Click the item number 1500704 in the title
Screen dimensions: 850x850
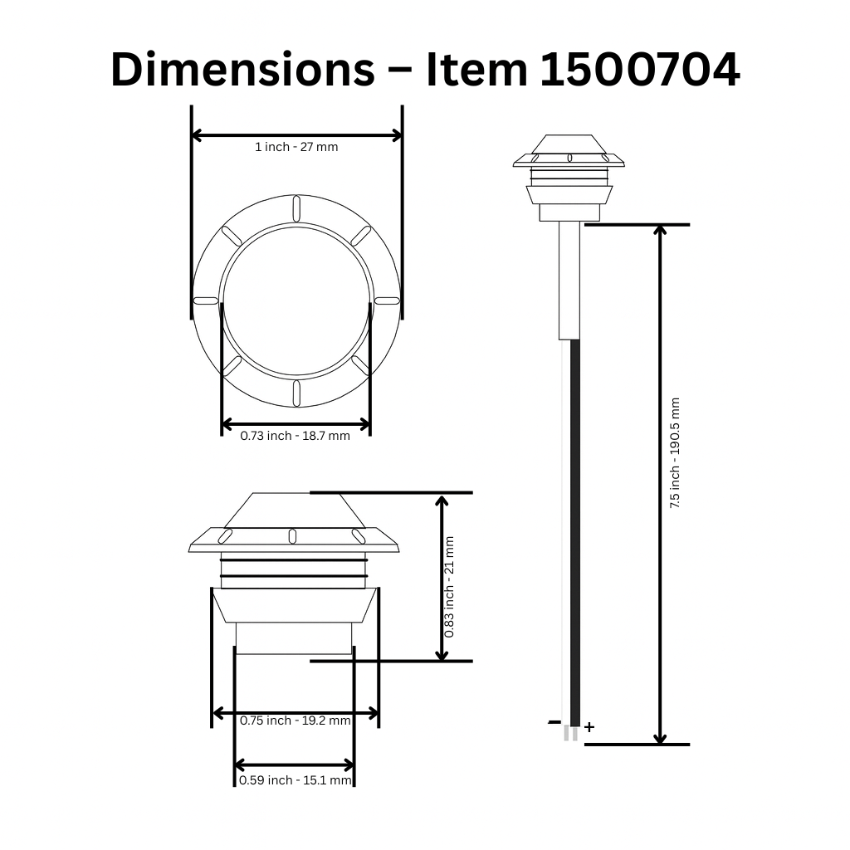(x=640, y=70)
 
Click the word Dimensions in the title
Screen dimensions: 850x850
(x=243, y=70)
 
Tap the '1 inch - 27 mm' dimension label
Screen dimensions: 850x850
(x=296, y=147)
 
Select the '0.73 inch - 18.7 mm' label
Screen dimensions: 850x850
(x=296, y=436)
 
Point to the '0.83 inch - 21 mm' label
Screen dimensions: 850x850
(x=449, y=587)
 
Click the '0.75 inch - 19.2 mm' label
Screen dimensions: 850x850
(x=296, y=721)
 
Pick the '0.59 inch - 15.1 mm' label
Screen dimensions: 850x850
(x=296, y=780)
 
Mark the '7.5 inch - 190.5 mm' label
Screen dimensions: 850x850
(x=675, y=452)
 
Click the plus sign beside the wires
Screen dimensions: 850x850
(x=589, y=727)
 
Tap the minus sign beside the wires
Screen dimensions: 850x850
(x=554, y=722)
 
